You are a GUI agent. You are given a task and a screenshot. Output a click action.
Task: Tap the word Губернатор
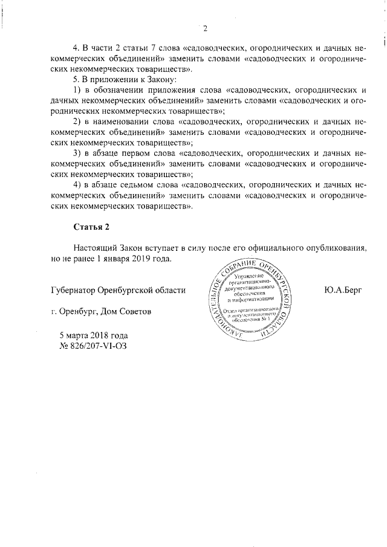pos(75,290)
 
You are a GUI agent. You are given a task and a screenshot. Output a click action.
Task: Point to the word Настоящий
pos(96,248)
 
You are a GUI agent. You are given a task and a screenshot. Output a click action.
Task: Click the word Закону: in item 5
pos(160,79)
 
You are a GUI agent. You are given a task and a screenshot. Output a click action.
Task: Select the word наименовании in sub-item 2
pos(126,121)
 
